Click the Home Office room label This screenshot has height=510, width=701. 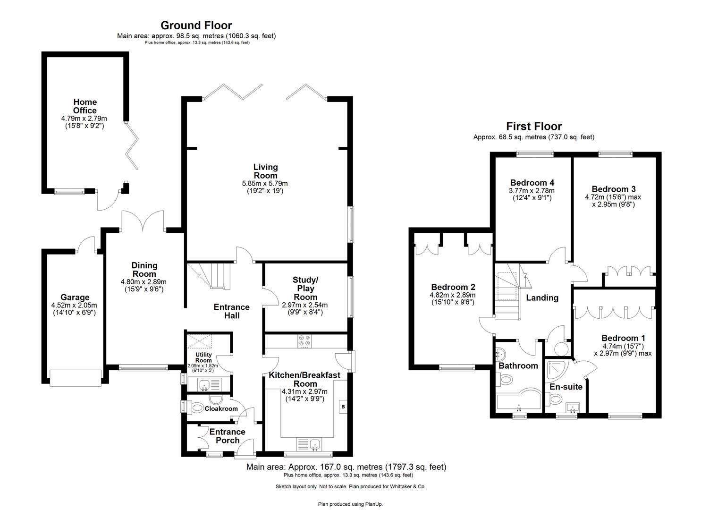pos(85,106)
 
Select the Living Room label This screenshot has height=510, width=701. pos(265,171)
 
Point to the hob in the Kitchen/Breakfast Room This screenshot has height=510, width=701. pos(304,340)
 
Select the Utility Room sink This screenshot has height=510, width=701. pos(205,385)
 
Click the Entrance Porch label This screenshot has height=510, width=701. pos(228,436)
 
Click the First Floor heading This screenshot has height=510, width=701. pos(534,126)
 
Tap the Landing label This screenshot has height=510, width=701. pos(542,297)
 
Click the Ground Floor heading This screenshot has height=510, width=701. pos(196,25)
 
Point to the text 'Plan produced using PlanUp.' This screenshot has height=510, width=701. pos(350,504)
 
